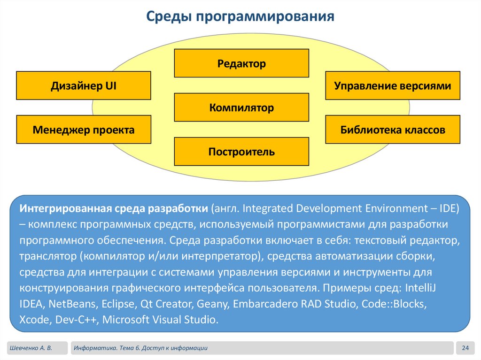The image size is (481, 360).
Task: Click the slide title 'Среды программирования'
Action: pyautogui.click(x=240, y=17)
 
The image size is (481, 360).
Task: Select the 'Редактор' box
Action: pyautogui.click(x=241, y=63)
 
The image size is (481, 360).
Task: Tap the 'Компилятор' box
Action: pyautogui.click(x=241, y=108)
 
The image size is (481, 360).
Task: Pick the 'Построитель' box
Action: pyautogui.click(x=241, y=152)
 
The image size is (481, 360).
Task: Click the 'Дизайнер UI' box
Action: pyautogui.click(x=84, y=86)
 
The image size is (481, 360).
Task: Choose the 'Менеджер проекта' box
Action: pyautogui.click(x=84, y=130)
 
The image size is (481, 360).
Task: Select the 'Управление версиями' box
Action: pyautogui.click(x=393, y=86)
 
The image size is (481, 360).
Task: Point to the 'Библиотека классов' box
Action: pyautogui.click(x=393, y=130)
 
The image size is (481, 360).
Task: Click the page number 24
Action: pyautogui.click(x=466, y=348)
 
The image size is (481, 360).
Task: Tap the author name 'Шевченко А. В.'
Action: pyautogui.click(x=30, y=348)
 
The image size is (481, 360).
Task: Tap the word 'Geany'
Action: pyautogui.click(x=213, y=304)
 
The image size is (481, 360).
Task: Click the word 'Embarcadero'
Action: pyautogui.click(x=263, y=304)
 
